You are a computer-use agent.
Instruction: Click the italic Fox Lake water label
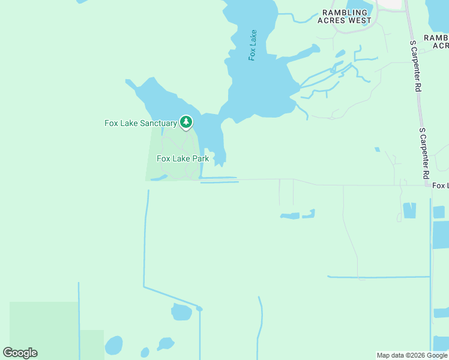[x=253, y=45]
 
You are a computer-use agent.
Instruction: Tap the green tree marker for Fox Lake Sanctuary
[x=186, y=122]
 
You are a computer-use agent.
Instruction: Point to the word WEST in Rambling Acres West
[x=359, y=20]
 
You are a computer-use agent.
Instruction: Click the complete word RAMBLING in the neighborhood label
[x=345, y=12]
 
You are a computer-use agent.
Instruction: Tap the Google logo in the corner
[x=20, y=353]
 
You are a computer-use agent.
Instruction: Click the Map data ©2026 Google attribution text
[x=412, y=355]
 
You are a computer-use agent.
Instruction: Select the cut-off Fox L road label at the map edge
[x=440, y=186]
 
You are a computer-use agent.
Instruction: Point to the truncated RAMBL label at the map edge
[x=436, y=37]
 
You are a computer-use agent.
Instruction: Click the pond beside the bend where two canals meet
[x=181, y=312]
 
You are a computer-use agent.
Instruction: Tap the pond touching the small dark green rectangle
[x=113, y=346]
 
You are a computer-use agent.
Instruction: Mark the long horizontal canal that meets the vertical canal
[x=378, y=277]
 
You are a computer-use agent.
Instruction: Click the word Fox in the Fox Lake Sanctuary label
[x=111, y=124]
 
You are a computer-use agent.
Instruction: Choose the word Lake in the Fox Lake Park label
[x=181, y=159]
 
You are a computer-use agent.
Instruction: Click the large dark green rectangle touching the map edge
[x=43, y=324]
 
